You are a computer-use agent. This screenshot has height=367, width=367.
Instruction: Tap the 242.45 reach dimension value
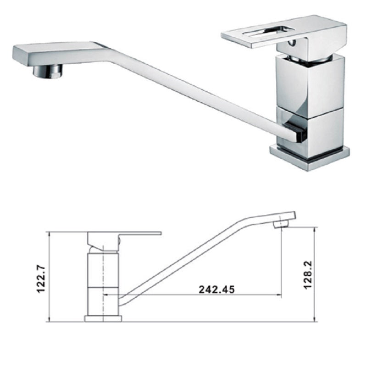pos(217,289)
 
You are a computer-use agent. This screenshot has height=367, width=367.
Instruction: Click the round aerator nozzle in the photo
pos(48,71)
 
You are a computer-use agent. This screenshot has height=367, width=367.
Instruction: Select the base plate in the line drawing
pos(103,318)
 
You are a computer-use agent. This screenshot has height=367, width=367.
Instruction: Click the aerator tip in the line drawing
pos(280,224)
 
